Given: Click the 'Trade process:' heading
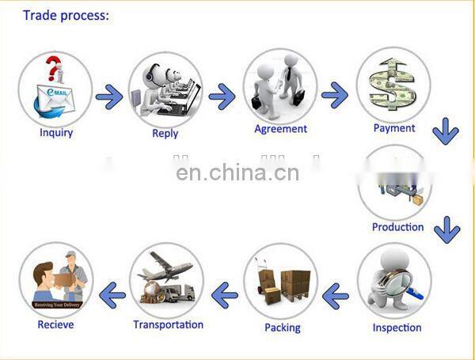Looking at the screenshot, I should (66, 15).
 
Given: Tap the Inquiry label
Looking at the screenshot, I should (56, 132).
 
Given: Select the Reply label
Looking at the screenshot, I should (165, 134).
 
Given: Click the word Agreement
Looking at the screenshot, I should (280, 129).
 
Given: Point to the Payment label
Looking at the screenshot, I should (393, 127).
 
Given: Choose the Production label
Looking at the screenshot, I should (397, 227).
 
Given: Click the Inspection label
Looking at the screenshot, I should (397, 327).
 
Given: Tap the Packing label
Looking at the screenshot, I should (283, 327).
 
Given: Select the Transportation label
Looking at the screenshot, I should (168, 324).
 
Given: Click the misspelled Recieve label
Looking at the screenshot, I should (55, 324).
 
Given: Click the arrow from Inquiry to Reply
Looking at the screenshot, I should (109, 98).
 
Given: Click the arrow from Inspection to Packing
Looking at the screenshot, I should (336, 297).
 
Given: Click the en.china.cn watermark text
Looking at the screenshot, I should (237, 172).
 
